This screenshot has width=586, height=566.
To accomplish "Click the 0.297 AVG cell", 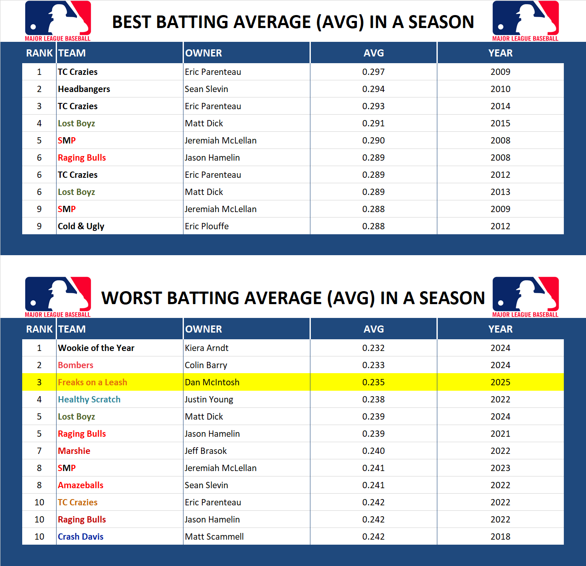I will (373, 72).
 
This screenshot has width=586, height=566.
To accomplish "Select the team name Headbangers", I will (84, 89).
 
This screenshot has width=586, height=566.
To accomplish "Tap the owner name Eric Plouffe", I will (207, 226).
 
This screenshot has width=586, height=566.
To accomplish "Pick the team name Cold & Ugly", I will (81, 226).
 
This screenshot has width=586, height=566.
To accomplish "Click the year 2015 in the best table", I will (500, 123).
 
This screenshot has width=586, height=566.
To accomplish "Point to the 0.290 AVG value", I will (373, 141).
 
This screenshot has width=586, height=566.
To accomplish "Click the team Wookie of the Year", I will (96, 348).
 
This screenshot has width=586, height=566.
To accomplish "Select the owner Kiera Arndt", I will (207, 348).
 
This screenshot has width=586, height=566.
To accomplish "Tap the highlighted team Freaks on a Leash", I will (92, 382).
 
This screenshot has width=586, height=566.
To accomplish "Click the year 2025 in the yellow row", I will (500, 382).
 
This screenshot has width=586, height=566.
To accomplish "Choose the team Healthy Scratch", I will (89, 400).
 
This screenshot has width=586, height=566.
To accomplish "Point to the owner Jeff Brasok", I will (206, 451).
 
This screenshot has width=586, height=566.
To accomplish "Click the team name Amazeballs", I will (80, 485).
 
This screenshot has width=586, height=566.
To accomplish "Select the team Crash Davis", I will (80, 537).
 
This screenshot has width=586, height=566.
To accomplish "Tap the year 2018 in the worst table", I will (500, 537).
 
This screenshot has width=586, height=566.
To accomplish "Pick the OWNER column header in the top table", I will (204, 53).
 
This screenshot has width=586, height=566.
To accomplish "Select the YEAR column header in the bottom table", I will (500, 329).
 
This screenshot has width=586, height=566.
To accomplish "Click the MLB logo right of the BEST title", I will (525, 20).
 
